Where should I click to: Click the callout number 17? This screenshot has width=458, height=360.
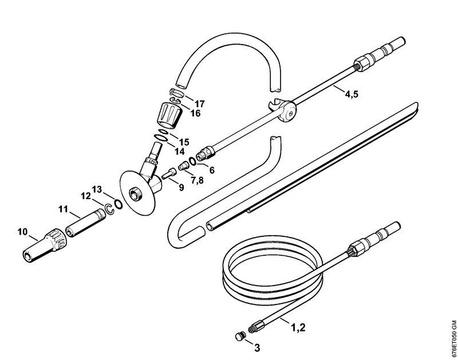[200, 104]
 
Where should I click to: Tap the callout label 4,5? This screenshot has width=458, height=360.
[352, 94]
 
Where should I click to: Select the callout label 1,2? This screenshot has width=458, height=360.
[298, 327]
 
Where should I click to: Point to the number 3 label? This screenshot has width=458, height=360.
[257, 348]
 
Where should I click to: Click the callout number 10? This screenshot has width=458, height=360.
[22, 232]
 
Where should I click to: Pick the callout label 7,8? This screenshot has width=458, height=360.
[198, 180]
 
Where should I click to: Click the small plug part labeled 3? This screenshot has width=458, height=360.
[239, 336]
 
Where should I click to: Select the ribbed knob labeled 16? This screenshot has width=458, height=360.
[170, 114]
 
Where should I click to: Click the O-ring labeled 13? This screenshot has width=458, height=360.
[118, 204]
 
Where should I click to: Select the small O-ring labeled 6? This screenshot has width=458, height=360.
[193, 160]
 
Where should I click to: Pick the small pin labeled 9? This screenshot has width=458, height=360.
[169, 175]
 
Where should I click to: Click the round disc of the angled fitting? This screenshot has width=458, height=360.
[137, 193]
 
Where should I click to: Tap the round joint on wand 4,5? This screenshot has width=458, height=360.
[287, 111]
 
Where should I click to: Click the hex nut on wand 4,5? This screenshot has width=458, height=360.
[363, 63]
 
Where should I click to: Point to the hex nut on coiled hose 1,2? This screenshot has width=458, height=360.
[356, 248]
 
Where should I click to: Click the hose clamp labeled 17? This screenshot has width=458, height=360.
[176, 93]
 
